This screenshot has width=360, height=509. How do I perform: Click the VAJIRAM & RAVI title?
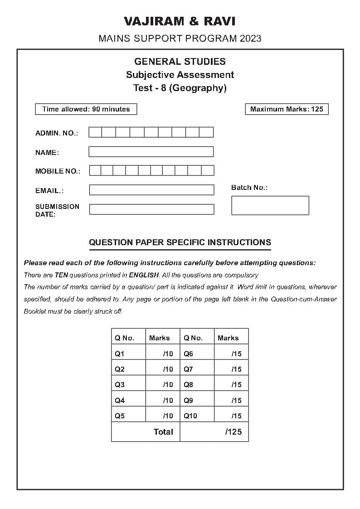point(180,21)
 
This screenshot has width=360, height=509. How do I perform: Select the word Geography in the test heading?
point(197,88)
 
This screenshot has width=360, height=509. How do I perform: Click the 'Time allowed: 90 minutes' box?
point(86,109)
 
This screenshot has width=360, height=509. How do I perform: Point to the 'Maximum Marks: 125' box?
point(287,109)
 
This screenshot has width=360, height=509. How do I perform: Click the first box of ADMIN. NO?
point(95,132)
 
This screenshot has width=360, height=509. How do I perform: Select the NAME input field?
point(151,152)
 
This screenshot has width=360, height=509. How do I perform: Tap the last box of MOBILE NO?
point(208,170)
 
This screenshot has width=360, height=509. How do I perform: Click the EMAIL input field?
point(151,190)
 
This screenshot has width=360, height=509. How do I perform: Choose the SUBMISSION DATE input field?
point(151,209)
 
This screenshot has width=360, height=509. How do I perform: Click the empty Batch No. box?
point(270,205)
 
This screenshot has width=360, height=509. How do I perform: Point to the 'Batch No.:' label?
point(249,188)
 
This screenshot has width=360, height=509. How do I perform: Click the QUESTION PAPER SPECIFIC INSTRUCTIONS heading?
point(180,242)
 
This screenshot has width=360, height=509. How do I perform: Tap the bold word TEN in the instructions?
point(61,275)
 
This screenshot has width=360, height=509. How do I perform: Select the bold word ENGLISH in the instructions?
point(144,275)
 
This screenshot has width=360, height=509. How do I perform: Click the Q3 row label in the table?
point(120,385)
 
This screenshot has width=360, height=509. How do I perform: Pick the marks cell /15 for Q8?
point(236,385)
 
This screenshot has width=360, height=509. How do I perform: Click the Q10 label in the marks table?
point(190,416)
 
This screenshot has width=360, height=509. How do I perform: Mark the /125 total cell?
point(234,432)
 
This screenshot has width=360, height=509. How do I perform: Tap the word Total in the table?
point(163,432)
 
